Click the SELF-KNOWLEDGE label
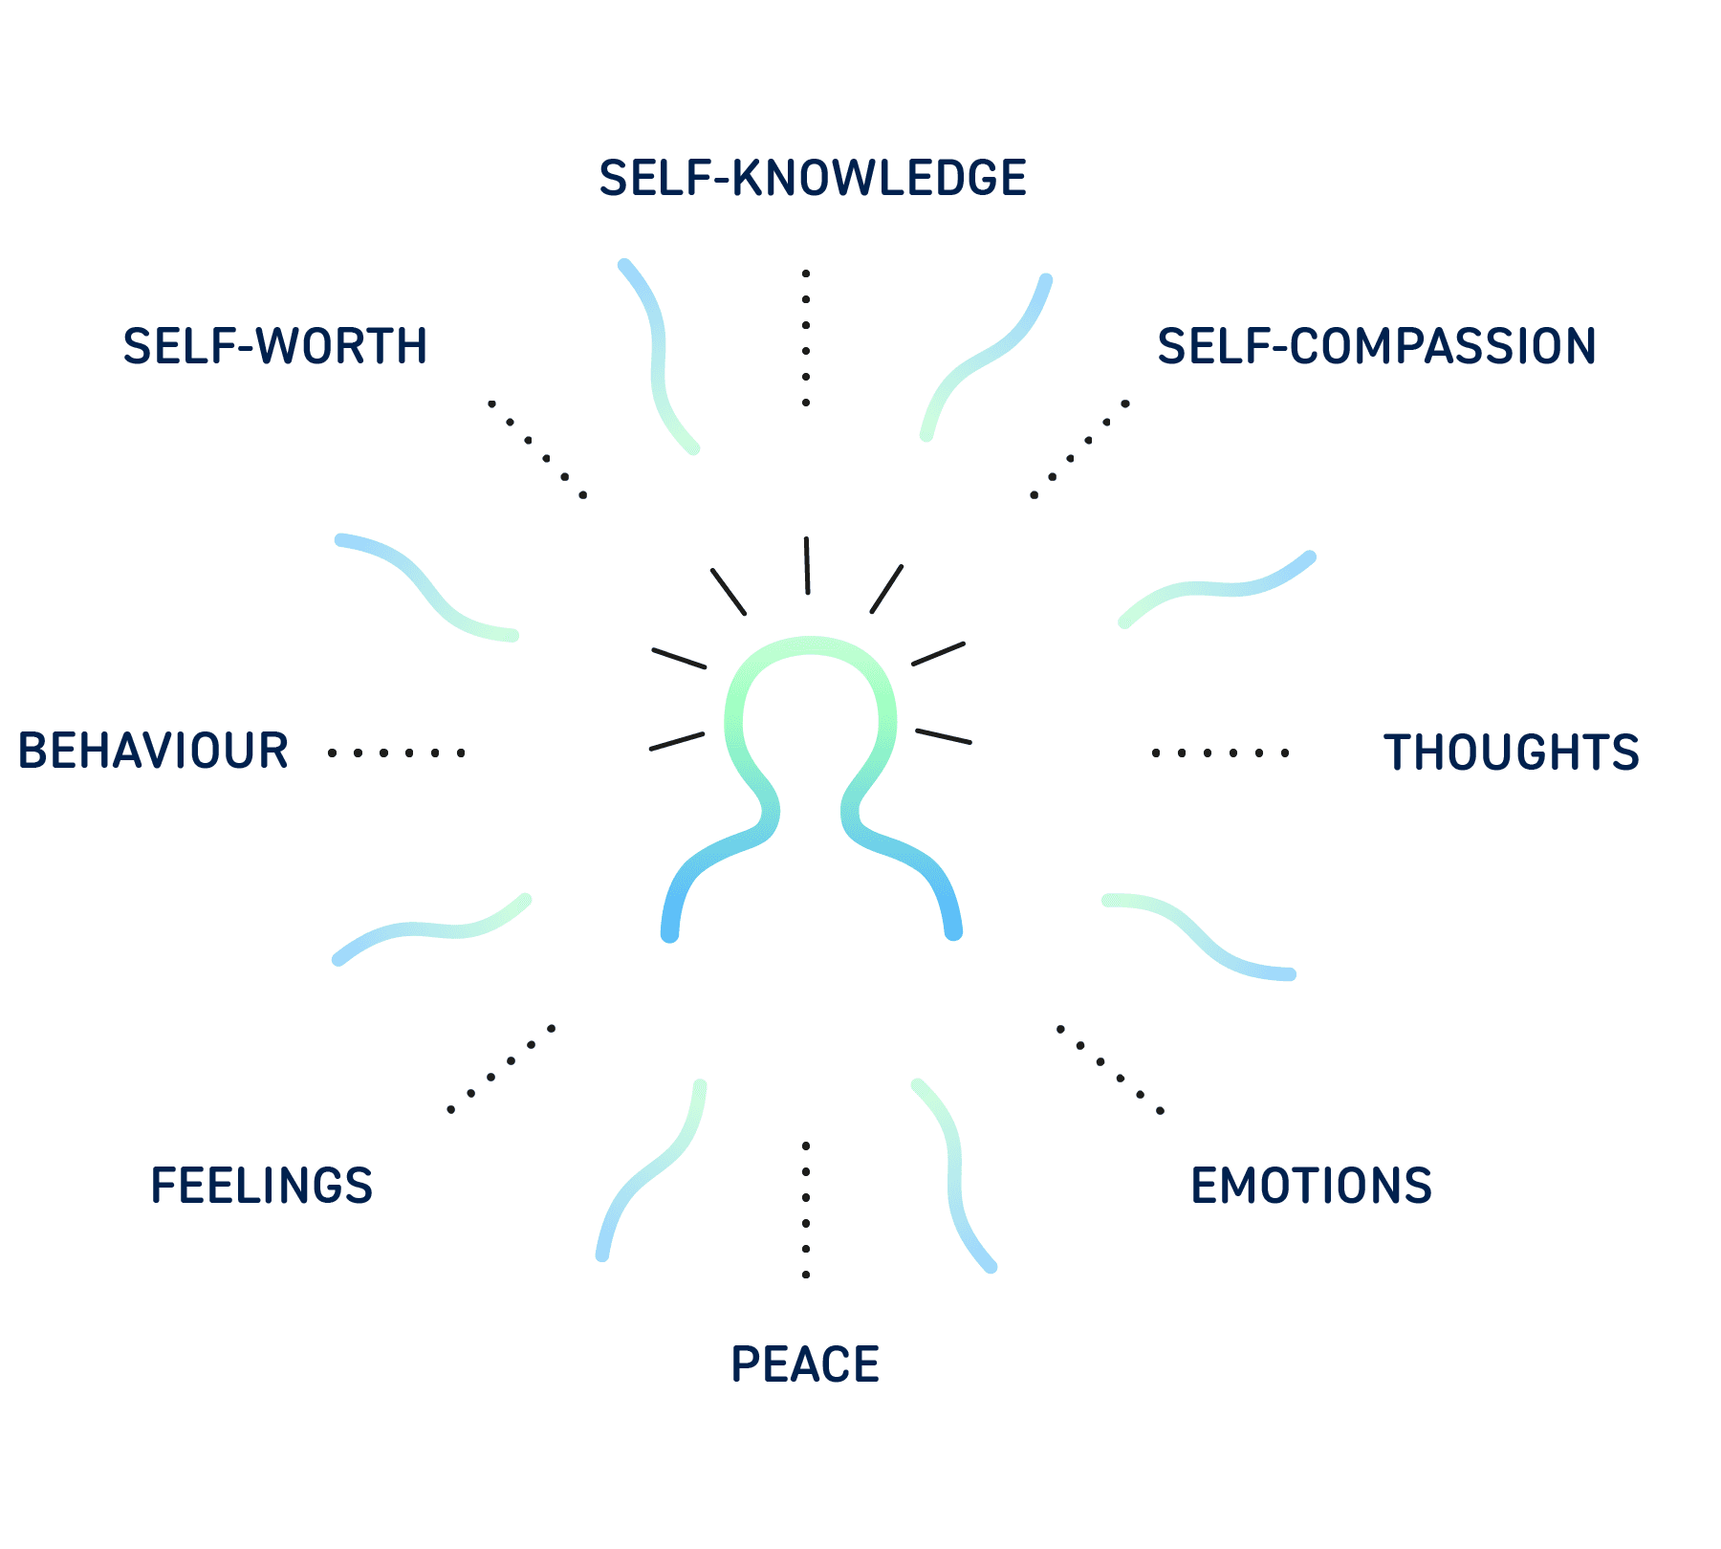[x=813, y=179]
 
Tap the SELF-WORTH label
[x=275, y=346]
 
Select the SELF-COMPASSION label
[x=1377, y=346]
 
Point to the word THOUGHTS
[x=1512, y=753]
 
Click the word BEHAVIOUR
[x=153, y=751]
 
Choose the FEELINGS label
[x=262, y=1186]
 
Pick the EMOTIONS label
[x=1312, y=1186]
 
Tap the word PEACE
[x=805, y=1364]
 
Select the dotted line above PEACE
[x=806, y=1210]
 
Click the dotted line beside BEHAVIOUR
[x=396, y=753]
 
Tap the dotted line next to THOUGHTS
[x=1220, y=753]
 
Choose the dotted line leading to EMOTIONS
[x=1109, y=1069]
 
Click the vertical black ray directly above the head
[x=807, y=565]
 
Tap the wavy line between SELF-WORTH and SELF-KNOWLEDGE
[x=658, y=354]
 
